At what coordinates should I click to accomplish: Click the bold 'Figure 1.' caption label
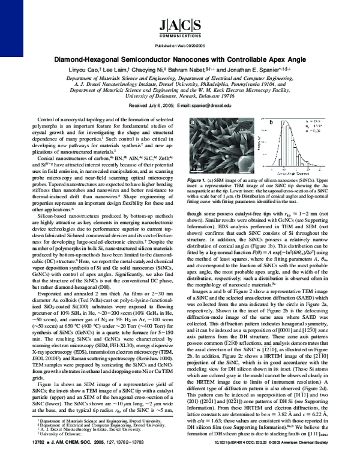click(199, 180)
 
